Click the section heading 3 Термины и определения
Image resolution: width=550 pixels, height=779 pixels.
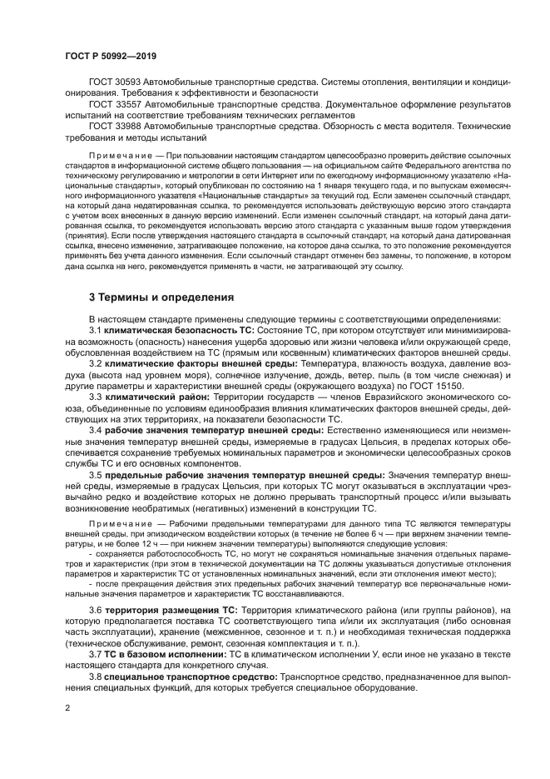point(161,297)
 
